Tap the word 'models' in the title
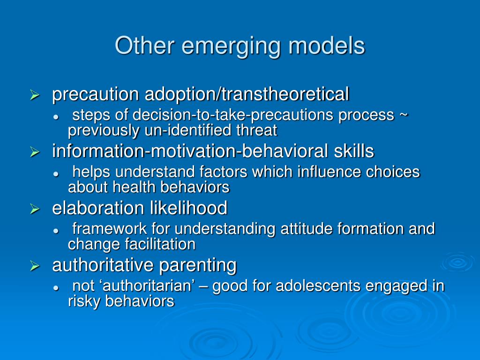(x=327, y=45)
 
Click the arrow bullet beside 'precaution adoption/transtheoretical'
(x=34, y=96)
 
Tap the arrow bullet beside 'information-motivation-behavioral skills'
(x=34, y=152)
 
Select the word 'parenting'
(x=198, y=265)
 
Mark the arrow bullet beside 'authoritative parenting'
(x=34, y=266)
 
